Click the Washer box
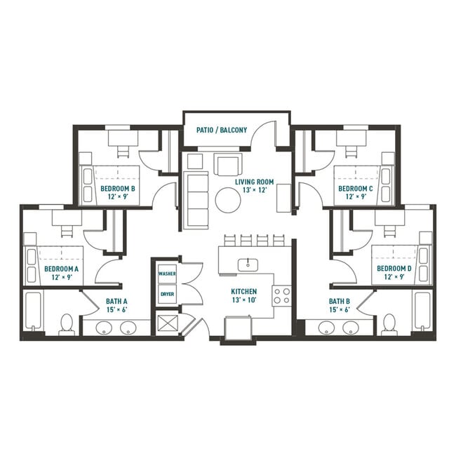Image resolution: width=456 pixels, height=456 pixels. (167, 274)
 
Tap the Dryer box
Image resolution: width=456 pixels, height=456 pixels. (167, 295)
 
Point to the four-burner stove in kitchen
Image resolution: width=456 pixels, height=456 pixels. (281, 295)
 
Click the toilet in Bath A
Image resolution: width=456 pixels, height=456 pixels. (67, 323)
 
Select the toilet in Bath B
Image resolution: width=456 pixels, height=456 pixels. (389, 323)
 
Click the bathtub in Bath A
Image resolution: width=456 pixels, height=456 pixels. (34, 311)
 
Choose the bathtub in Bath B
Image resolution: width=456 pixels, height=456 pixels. (422, 311)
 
